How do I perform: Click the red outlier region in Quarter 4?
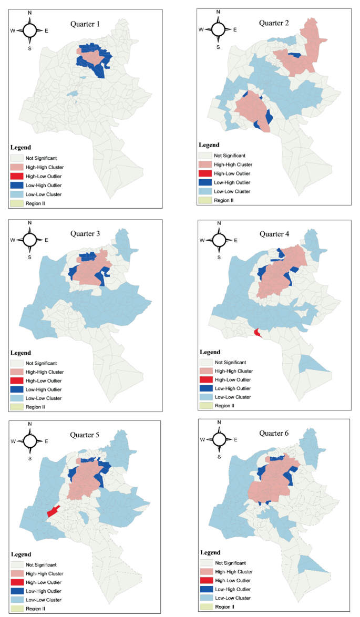click(256, 332)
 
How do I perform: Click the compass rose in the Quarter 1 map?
click(30, 30)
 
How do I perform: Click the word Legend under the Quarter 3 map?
click(20, 353)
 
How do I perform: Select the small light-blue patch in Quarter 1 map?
click(73, 94)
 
